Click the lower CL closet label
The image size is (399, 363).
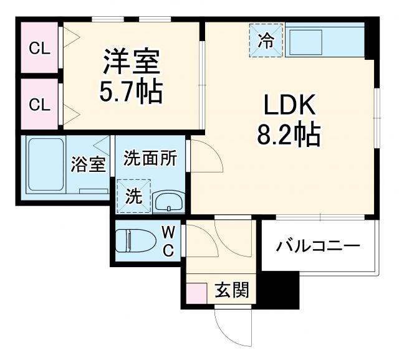[x=39, y=105]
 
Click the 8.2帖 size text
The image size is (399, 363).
[x=287, y=134]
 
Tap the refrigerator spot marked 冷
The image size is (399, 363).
[x=266, y=41]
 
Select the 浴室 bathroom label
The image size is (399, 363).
[x=88, y=165]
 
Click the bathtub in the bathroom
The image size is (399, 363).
[x=45, y=164]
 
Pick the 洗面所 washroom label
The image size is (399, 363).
[x=150, y=158]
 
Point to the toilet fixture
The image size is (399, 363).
[x=137, y=241]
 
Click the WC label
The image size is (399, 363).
[x=168, y=241]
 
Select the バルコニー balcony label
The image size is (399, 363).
[x=318, y=246]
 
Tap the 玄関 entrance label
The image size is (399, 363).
[x=232, y=290]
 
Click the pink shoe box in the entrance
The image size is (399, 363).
[x=197, y=293]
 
